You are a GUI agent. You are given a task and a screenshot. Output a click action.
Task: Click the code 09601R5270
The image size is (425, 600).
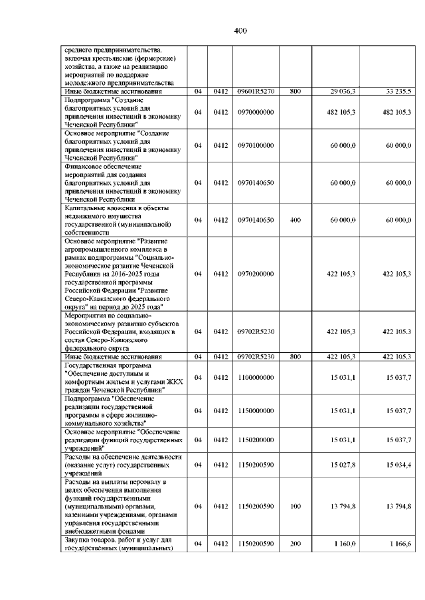(255, 90)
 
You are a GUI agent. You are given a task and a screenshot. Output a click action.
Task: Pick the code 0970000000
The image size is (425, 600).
(255, 112)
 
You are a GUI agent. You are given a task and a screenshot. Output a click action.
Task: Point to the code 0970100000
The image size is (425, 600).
(255, 145)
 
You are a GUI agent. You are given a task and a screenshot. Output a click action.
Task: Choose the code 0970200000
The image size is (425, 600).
(255, 273)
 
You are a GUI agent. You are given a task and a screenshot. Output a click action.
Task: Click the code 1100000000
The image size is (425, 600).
(255, 378)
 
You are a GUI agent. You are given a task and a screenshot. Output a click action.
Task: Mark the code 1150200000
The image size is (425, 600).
(255, 440)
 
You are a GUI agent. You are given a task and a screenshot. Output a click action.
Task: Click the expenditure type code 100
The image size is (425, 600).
(296, 506)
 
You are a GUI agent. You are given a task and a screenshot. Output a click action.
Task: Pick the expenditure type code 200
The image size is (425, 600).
(296, 544)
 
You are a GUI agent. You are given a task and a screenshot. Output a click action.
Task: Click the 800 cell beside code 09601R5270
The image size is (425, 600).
(296, 90)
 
